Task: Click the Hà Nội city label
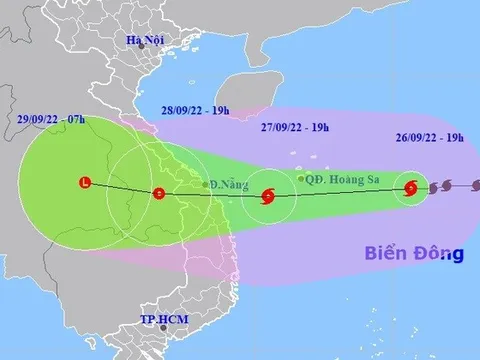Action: click(x=143, y=40)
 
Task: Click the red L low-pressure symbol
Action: click(x=85, y=182)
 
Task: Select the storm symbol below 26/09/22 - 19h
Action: click(x=411, y=187)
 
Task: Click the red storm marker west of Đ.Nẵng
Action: click(x=157, y=193)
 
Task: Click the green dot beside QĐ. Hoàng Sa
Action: click(x=301, y=179)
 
